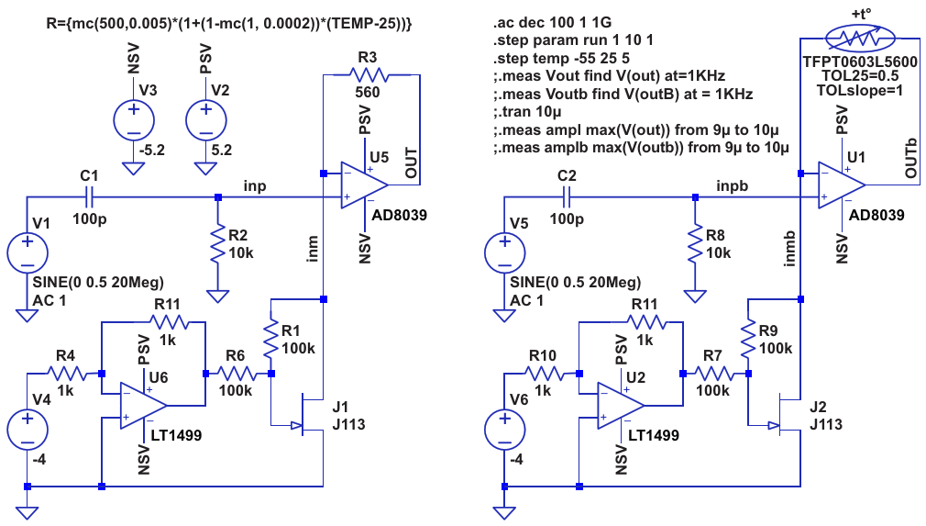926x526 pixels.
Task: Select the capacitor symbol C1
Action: point(89,196)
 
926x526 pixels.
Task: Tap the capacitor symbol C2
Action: point(567,196)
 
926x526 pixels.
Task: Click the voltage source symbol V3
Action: point(134,120)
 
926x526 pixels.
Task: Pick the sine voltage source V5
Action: point(505,253)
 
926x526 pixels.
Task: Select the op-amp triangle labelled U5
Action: point(364,185)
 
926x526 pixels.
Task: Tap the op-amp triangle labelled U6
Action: point(144,406)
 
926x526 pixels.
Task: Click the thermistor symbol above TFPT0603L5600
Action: point(860,38)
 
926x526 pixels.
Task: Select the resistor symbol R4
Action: point(66,374)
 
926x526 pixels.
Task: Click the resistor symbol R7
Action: point(713,374)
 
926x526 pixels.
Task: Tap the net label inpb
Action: point(732,185)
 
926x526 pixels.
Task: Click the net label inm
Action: point(313,248)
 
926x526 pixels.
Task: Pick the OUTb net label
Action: point(910,158)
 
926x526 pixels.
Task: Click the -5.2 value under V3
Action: point(152,151)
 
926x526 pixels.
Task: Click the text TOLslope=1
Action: point(860,91)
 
